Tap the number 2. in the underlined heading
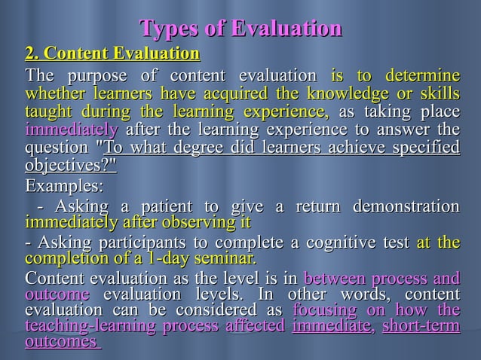[x=32, y=54]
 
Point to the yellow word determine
[x=422, y=77]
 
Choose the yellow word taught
[x=44, y=111]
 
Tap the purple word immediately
[x=61, y=129]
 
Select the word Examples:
[x=64, y=185]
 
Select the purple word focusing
[x=324, y=310]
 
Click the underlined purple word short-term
[x=420, y=326]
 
